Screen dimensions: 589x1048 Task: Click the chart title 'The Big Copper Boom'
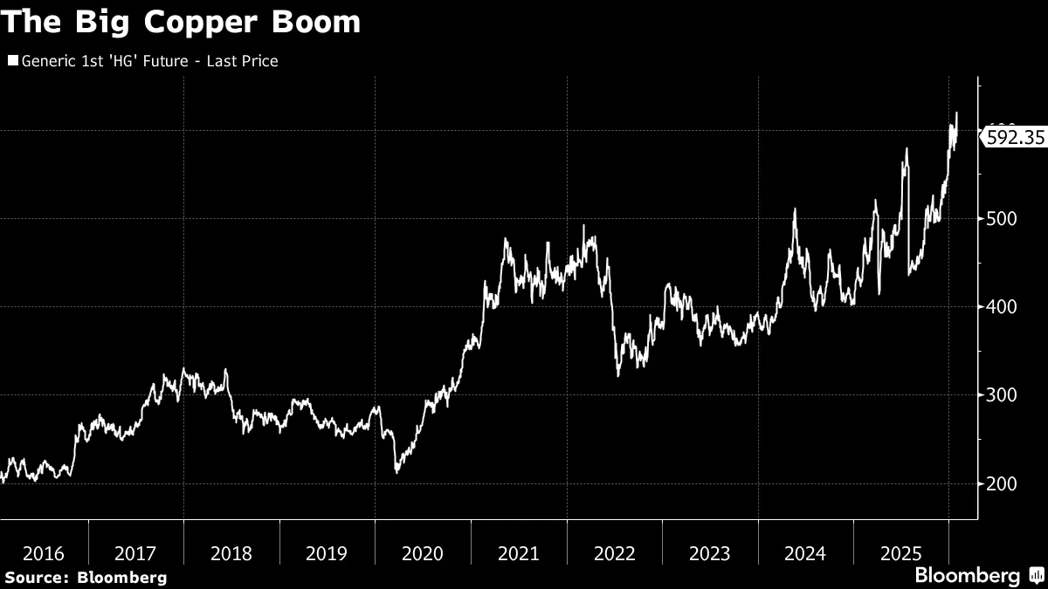tap(180, 23)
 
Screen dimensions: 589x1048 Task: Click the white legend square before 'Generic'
tap(12, 61)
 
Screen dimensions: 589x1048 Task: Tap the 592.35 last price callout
tap(1015, 137)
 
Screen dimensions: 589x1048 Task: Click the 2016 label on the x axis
tap(44, 553)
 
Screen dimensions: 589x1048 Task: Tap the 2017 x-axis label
tap(135, 553)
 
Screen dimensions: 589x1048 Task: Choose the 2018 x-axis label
tap(231, 553)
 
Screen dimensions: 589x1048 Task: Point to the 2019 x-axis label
tap(327, 553)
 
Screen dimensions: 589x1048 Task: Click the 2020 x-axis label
tap(423, 553)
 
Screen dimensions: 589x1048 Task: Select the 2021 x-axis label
tap(519, 553)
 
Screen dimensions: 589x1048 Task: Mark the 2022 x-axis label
tap(614, 553)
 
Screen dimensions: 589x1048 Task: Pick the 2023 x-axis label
tap(710, 553)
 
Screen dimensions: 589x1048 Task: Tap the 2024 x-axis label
tap(805, 553)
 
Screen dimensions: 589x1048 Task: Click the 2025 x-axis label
tap(901, 553)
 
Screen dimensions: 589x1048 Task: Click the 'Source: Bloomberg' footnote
tap(86, 577)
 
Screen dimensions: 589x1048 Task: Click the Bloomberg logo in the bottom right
tap(978, 576)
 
